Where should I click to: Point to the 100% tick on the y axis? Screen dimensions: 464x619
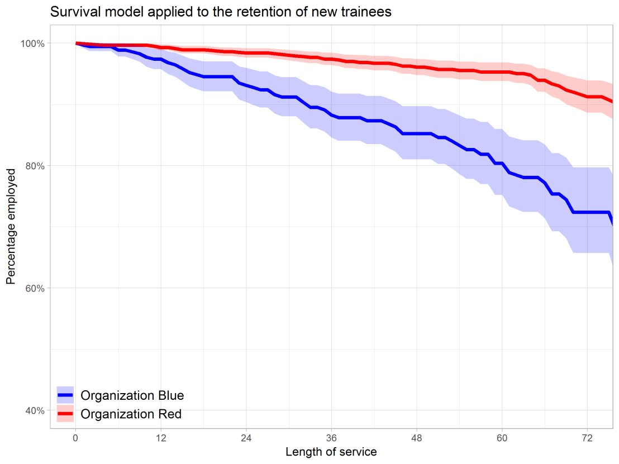click(34, 44)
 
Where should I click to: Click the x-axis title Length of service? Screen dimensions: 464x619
click(331, 452)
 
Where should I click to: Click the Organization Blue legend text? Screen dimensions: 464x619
click(132, 396)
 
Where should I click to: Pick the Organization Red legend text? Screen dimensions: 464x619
click(131, 414)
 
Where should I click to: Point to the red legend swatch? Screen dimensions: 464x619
click(65, 414)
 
